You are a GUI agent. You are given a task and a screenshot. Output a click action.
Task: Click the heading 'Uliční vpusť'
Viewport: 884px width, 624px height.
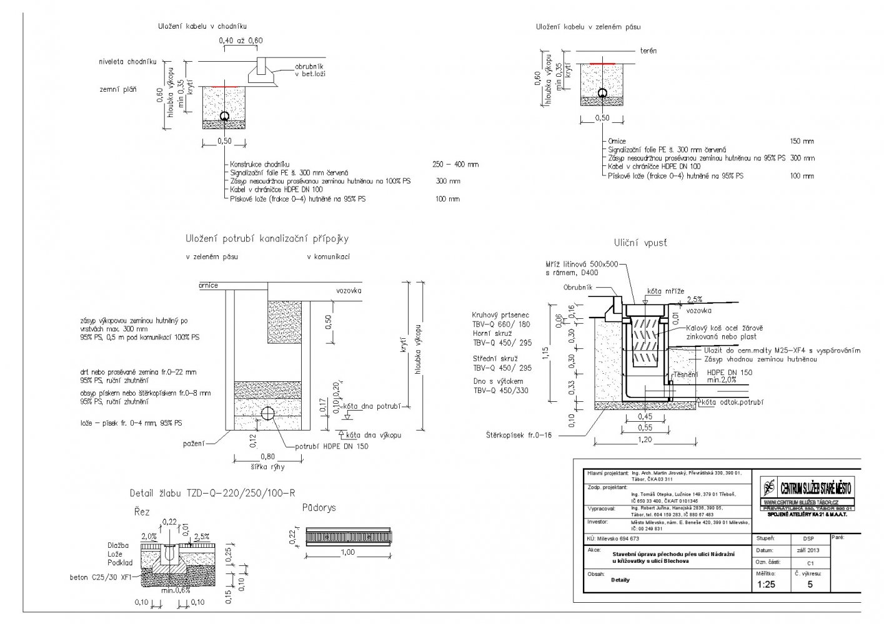pos(640,243)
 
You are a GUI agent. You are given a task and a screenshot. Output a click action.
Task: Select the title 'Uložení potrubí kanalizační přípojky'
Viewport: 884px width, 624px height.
pos(267,238)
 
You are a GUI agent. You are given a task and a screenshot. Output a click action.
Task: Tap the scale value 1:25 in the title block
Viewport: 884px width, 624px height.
pos(766,585)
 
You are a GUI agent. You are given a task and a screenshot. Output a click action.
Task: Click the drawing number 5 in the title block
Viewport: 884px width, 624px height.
pos(810,585)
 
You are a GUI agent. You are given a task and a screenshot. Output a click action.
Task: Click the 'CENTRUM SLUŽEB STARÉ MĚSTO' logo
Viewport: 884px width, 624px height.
pos(807,489)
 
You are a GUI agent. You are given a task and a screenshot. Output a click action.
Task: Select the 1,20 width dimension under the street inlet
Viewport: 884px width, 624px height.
pos(645,440)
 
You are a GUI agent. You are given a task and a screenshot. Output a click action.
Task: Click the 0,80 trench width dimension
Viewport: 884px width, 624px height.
pos(267,457)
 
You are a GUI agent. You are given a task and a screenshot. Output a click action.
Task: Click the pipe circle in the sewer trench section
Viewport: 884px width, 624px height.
pos(267,413)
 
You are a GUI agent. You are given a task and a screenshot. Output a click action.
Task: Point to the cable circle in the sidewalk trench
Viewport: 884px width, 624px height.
pos(224,116)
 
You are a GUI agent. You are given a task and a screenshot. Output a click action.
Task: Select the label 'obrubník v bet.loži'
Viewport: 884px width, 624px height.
pos(309,70)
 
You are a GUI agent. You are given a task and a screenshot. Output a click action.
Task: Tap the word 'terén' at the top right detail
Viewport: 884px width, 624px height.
pos(648,51)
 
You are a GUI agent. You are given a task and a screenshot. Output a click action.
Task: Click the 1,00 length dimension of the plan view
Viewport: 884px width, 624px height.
pos(348,552)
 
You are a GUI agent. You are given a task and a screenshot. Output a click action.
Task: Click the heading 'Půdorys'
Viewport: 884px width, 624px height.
pos(319,507)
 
